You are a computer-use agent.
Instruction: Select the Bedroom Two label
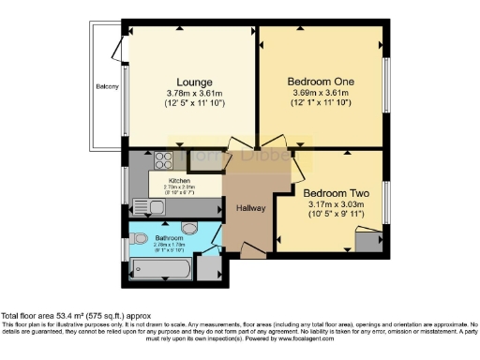tap(337, 187)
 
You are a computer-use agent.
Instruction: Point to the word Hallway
tap(249, 208)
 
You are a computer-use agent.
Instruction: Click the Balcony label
tap(107, 87)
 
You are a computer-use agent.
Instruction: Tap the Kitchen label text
tap(179, 180)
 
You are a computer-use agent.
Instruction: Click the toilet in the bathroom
tap(139, 237)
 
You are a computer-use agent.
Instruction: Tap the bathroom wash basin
tap(188, 228)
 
